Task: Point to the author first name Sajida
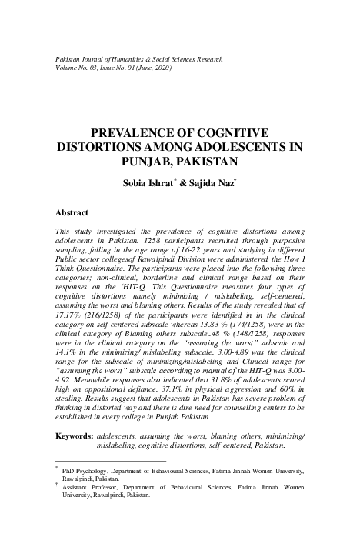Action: point(208,184)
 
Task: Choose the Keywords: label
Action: point(75,436)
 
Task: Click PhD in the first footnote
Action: point(71,469)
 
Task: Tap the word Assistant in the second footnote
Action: point(81,488)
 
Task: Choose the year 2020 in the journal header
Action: point(159,69)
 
